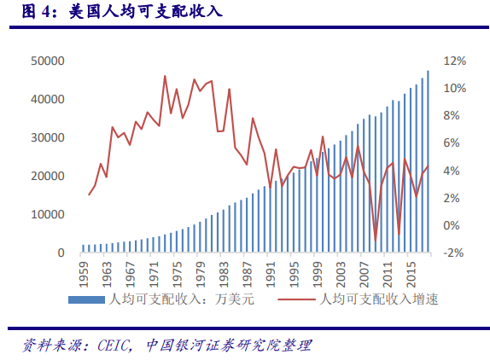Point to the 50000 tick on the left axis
[48, 61]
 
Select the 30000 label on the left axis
[48, 137]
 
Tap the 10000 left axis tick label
[48, 214]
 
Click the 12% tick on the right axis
[455, 61]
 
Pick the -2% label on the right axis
[455, 253]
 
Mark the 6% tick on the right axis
[455, 143]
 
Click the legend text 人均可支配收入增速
[377, 299]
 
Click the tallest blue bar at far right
[428, 162]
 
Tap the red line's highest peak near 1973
[165, 76]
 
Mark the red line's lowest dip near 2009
[375, 240]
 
